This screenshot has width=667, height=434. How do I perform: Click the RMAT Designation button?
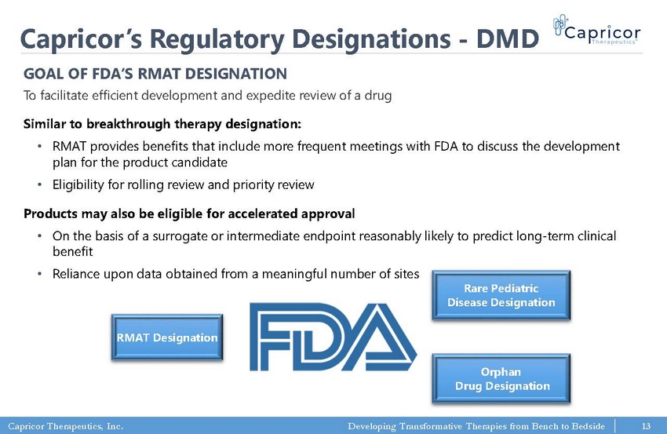(167, 337)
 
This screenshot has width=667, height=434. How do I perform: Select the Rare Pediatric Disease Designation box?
(501, 295)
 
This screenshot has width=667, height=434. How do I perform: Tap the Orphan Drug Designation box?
(501, 379)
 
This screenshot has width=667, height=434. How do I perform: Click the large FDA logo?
(333, 337)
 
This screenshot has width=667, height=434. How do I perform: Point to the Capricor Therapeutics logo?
(597, 30)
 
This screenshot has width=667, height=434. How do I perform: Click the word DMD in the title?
(508, 38)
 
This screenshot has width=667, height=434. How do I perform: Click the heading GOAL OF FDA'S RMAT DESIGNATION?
(155, 74)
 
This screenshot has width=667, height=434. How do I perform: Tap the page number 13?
(646, 426)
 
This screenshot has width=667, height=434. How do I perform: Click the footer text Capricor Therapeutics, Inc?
(65, 426)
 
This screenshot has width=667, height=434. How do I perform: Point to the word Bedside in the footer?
(588, 426)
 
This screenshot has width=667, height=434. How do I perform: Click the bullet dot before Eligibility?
(39, 184)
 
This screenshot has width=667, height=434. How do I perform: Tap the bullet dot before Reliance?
(39, 274)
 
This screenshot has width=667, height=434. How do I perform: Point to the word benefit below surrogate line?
(73, 252)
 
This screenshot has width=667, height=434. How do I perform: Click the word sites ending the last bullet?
(406, 274)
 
